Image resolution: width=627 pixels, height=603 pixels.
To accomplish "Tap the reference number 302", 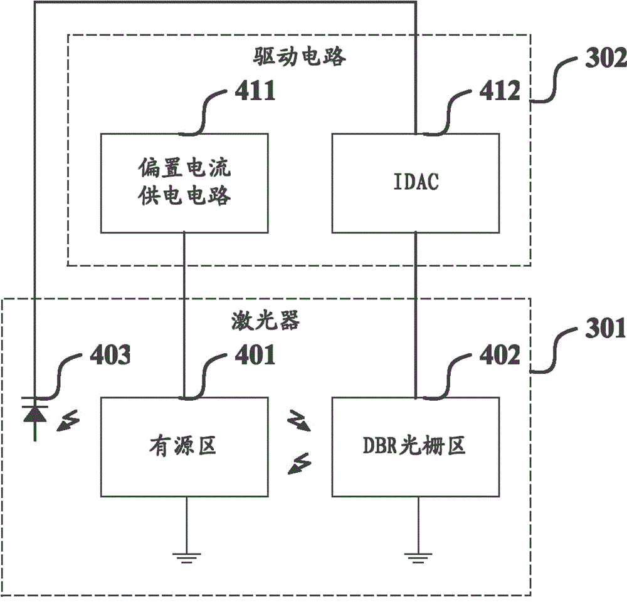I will (x=604, y=60).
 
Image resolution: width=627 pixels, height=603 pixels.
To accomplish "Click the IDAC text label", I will (x=416, y=183).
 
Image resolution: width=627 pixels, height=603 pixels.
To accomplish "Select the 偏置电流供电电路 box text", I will (x=184, y=183).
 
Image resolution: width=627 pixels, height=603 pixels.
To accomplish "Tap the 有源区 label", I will (x=184, y=446).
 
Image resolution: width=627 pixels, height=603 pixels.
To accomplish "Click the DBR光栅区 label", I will (x=416, y=446).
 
